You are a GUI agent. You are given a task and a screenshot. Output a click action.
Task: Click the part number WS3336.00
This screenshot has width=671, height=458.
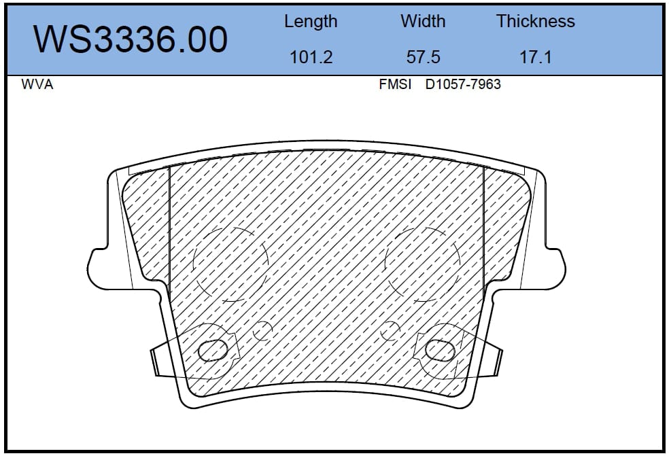coord(131,39)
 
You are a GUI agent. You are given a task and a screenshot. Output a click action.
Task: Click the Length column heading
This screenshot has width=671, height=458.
coord(311,21)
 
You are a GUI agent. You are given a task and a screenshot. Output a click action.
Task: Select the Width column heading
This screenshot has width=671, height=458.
coord(423,21)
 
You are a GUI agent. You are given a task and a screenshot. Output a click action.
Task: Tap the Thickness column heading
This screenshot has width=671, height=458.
coord(535,21)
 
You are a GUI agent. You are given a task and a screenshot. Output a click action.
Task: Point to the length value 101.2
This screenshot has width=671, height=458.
coord(311,57)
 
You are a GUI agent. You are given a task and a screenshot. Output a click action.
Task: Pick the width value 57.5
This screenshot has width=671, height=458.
coord(423,57)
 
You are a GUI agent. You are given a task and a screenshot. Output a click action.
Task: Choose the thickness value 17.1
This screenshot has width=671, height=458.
coord(535,57)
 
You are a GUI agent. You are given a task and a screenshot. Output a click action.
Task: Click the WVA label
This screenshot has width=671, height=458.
coord(37,84)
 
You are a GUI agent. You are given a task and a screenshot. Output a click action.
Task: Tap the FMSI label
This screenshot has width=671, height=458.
coord(394,84)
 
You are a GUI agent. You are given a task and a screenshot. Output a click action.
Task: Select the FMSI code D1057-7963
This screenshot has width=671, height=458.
coord(462,84)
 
